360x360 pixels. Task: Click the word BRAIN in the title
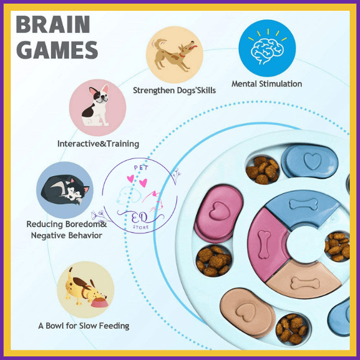(53, 25)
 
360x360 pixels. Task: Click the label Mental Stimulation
(266, 83)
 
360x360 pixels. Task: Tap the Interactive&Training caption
(98, 143)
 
